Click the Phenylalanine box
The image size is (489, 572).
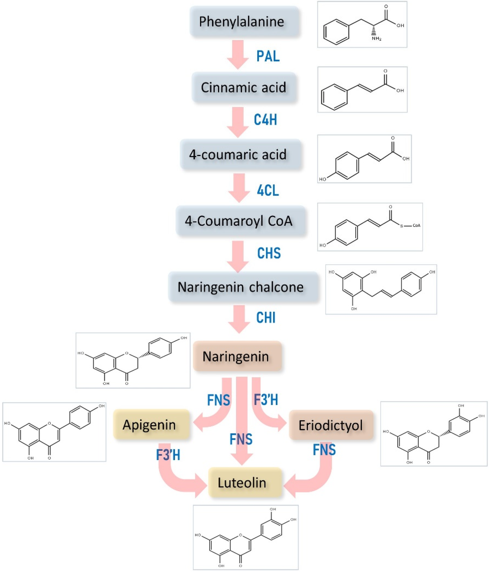pyautogui.click(x=244, y=22)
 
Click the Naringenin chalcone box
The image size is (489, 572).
pyautogui.click(x=243, y=287)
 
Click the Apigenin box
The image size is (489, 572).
pyautogui.click(x=151, y=425)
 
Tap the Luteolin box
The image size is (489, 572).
pyautogui.click(x=245, y=482)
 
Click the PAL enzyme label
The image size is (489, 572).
pyautogui.click(x=268, y=56)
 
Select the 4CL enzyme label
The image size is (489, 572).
pyautogui.click(x=268, y=190)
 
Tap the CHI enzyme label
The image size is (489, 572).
pyautogui.click(x=266, y=317)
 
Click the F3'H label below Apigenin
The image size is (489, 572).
pyautogui.click(x=168, y=455)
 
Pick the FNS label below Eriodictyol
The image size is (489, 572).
pyautogui.click(x=324, y=450)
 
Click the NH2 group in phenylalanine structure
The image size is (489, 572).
pyautogui.click(x=376, y=38)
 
